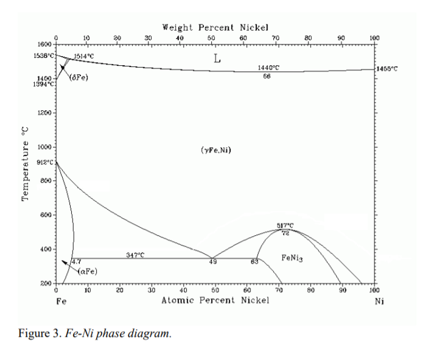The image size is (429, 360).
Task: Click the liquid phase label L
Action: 217,59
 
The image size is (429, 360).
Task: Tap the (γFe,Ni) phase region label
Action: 215,150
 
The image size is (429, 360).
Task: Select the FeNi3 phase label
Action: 293,258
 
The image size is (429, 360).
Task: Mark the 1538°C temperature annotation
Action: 44,55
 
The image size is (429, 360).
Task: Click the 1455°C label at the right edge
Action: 388,69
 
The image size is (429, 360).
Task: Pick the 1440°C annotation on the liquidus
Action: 268,67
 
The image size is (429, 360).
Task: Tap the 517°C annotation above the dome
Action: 285,225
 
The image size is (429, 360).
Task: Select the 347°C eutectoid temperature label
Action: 135,255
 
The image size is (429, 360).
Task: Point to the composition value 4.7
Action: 77,262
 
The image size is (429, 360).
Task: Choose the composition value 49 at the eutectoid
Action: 213,262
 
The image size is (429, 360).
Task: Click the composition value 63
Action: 255,262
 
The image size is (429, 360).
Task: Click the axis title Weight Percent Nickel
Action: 215,27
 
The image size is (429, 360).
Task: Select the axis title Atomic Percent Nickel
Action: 215,300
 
